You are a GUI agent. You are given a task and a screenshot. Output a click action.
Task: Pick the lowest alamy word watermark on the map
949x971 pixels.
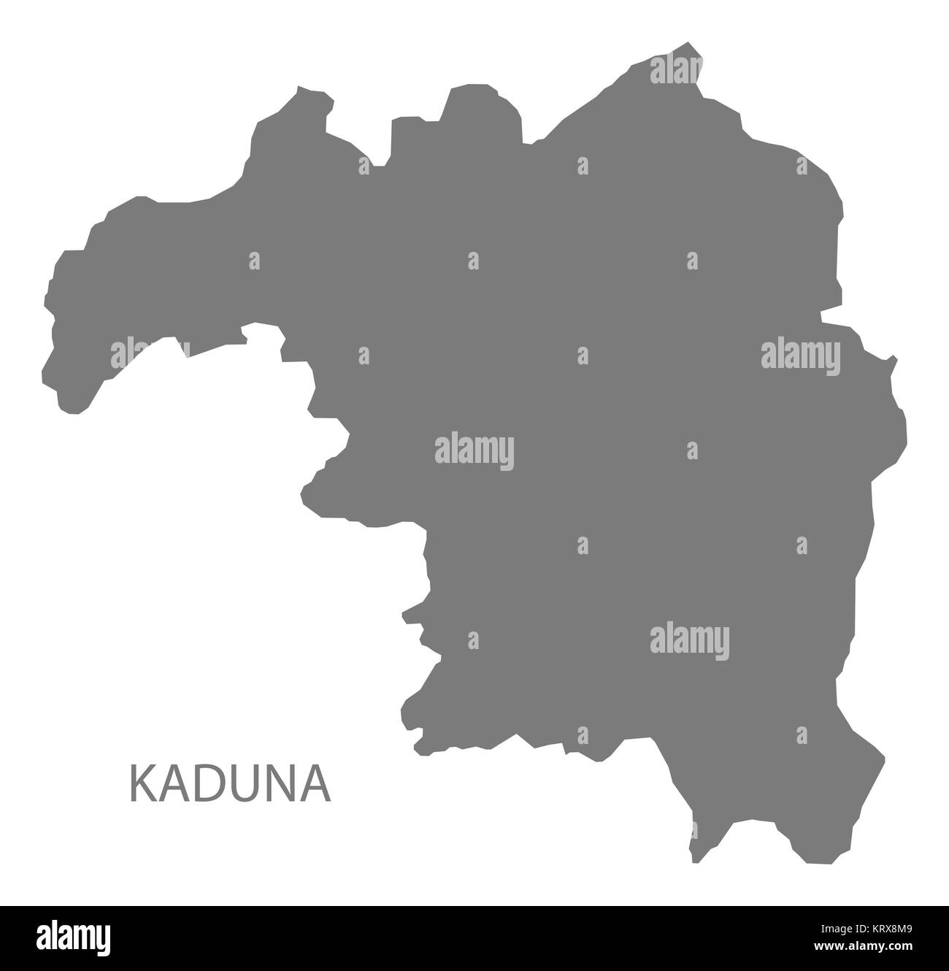click(x=690, y=638)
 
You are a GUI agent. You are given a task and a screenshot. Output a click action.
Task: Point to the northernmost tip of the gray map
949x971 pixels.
click(x=691, y=44)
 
